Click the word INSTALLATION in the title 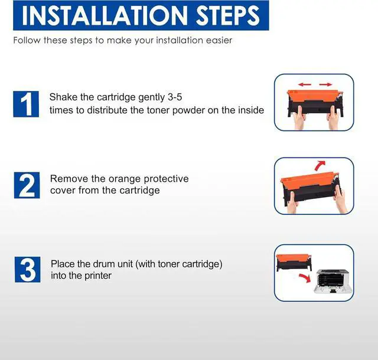coord(105,15)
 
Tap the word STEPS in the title coord(227,15)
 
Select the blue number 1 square coord(26,104)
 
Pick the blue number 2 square coord(27,185)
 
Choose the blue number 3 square coord(28,269)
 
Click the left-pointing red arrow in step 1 coord(305,84)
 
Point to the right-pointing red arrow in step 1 coord(325,84)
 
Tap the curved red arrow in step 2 coord(320,166)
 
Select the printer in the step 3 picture coord(333,281)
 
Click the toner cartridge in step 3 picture coord(294,263)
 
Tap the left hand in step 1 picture coord(300,117)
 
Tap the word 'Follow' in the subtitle coord(27,40)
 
